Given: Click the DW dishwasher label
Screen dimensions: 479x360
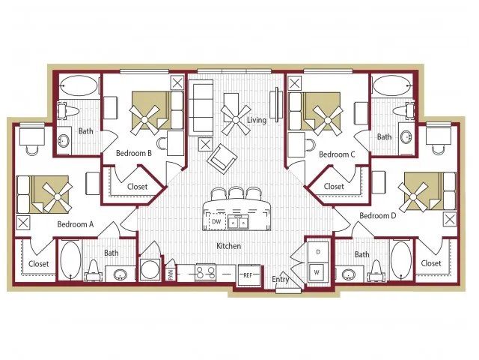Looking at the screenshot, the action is pos(216,221).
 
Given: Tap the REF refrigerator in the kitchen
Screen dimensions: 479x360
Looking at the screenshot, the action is pos(249,275).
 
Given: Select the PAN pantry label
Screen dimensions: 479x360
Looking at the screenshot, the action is pos(171,274).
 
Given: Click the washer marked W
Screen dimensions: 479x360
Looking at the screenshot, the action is pos(317,272).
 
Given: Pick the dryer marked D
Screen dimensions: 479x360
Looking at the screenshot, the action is pos(317,252).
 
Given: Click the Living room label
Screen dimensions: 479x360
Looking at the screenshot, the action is pos(256,120).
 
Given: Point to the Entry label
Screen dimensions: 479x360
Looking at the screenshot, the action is pos(280,279).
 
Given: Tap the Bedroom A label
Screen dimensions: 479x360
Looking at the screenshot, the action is pos(76,224).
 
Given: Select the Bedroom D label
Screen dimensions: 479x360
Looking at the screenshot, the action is pos(377,216).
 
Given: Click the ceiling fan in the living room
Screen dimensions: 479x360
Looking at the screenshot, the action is pos(236,120).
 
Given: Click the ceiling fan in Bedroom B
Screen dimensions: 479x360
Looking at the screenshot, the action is pos(144,120).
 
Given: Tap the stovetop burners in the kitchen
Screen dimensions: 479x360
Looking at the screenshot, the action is pos(205,272).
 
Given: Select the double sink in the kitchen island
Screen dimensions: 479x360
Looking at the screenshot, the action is pos(238,222).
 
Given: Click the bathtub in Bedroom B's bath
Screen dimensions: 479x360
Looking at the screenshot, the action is pos(79,85).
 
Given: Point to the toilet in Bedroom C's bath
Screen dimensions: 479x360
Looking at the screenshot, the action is pos(404,111).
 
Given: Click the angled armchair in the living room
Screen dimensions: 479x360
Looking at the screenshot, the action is pos(222,158).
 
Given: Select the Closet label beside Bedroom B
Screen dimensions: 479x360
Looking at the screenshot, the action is pos(137,187).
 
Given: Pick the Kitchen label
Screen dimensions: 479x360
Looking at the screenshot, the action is pos(228,246).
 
